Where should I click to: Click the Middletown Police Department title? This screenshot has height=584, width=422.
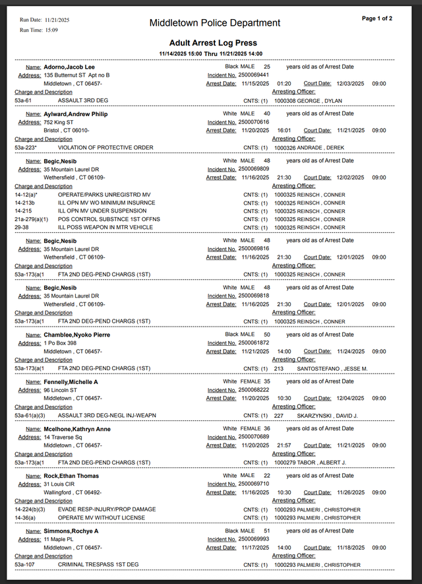pyautogui.click(x=214, y=23)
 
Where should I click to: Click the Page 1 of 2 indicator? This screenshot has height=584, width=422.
pyautogui.click(x=377, y=18)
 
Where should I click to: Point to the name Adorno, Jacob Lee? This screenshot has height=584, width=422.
pyautogui.click(x=69, y=67)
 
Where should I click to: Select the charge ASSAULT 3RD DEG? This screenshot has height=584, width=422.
pyautogui.click(x=83, y=101)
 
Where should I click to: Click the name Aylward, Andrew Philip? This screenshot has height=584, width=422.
pyautogui.click(x=76, y=114)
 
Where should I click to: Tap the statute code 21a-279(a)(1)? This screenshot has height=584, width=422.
pyautogui.click(x=32, y=219)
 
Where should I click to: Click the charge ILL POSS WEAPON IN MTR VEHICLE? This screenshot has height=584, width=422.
pyautogui.click(x=105, y=228)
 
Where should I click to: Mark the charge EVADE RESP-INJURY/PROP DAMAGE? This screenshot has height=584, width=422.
pyautogui.click(x=107, y=509)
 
